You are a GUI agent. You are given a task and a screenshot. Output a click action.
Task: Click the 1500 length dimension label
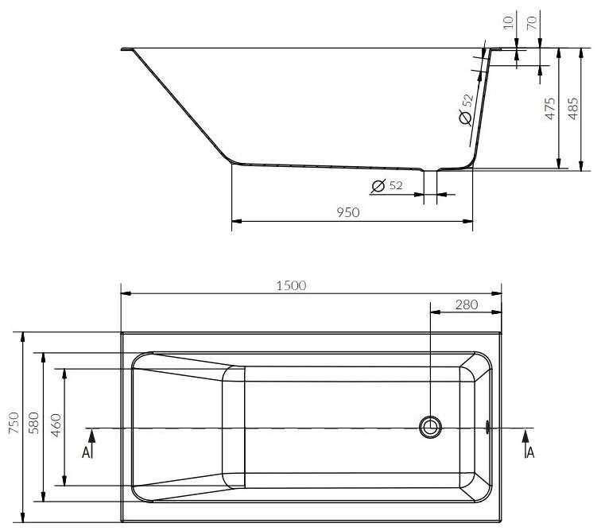[x=291, y=285]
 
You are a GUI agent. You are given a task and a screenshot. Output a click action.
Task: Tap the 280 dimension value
[x=467, y=304]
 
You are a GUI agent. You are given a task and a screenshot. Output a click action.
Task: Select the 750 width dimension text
[x=14, y=423]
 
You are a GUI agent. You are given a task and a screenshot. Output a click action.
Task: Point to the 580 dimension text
[x=33, y=423]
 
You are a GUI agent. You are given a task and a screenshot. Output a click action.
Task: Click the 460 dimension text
[x=56, y=425]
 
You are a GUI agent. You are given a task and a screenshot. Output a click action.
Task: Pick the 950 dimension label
[x=348, y=212]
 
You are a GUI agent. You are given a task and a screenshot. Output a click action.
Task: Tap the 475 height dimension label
[x=550, y=108]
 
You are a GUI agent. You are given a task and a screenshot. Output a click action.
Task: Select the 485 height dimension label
[x=572, y=108]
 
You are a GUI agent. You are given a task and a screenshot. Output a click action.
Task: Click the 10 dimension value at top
[x=508, y=22]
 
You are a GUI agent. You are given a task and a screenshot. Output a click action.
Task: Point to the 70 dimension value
[x=532, y=23]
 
